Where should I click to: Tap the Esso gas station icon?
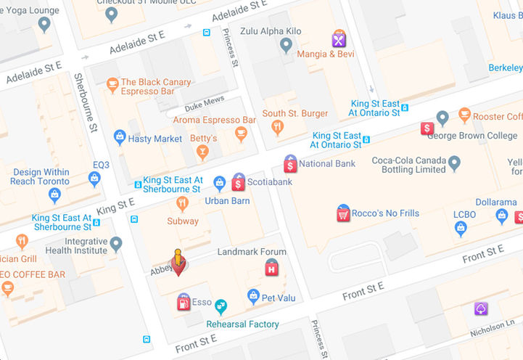click(x=184, y=303)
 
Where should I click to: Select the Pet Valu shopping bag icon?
click(x=253, y=295)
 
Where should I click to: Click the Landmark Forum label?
click(x=252, y=252)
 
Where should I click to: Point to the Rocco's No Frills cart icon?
click(x=343, y=213)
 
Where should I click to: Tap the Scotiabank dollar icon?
click(x=238, y=182)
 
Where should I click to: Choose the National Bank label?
click(x=327, y=164)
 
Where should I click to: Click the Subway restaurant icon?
click(x=182, y=203)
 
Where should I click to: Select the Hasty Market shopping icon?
click(x=120, y=138)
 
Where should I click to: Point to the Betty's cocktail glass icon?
click(x=203, y=152)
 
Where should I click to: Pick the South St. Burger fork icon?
click(x=276, y=128)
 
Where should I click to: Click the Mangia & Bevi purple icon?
click(x=339, y=39)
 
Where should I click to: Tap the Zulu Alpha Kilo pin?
click(x=287, y=46)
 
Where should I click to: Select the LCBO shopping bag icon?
click(x=460, y=229)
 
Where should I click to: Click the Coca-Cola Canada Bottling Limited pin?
click(x=454, y=163)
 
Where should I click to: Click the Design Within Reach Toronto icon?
click(x=54, y=195)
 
